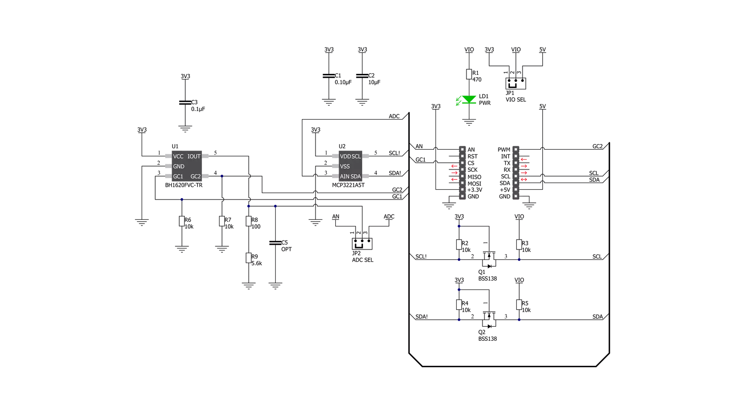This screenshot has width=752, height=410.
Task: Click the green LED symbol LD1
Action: click(x=469, y=99)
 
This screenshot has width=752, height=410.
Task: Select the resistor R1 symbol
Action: click(x=469, y=74)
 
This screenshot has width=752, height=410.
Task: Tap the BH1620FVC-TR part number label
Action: click(x=183, y=185)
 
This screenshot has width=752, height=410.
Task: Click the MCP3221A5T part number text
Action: click(x=348, y=185)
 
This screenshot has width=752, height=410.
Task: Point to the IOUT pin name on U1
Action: click(x=194, y=156)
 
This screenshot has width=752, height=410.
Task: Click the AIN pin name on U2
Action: click(x=344, y=177)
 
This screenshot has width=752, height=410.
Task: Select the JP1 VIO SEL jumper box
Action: click(x=515, y=83)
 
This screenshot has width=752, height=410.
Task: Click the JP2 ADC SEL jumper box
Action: click(x=362, y=244)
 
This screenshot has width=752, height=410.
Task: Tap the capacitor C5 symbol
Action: click(x=275, y=242)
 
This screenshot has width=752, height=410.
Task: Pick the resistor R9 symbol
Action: click(x=248, y=258)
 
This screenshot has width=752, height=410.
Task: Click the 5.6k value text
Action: click(x=257, y=264)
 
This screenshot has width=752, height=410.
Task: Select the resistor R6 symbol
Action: click(x=182, y=221)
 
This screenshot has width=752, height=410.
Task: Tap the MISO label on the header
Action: click(x=475, y=177)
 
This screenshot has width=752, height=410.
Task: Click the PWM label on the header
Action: click(x=504, y=150)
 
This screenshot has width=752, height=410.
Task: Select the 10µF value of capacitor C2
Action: click(x=374, y=82)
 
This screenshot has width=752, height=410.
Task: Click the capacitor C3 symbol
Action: click(x=185, y=103)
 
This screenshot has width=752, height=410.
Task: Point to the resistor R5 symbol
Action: click(x=519, y=305)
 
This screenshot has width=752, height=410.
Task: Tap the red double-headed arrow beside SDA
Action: click(x=524, y=180)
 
